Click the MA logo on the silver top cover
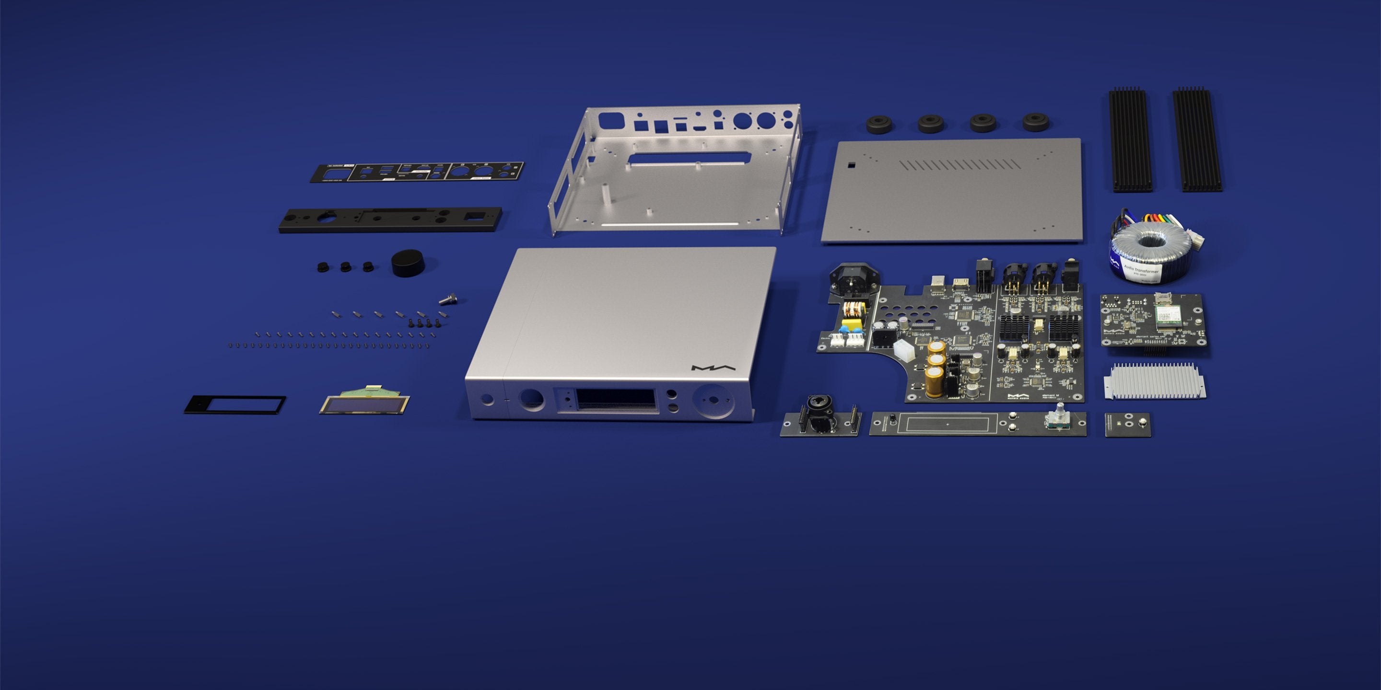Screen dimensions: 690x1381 [713, 368]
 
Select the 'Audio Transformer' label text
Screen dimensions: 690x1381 [1141, 267]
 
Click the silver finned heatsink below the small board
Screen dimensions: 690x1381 [1154, 381]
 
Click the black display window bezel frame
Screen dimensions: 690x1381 [235, 404]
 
